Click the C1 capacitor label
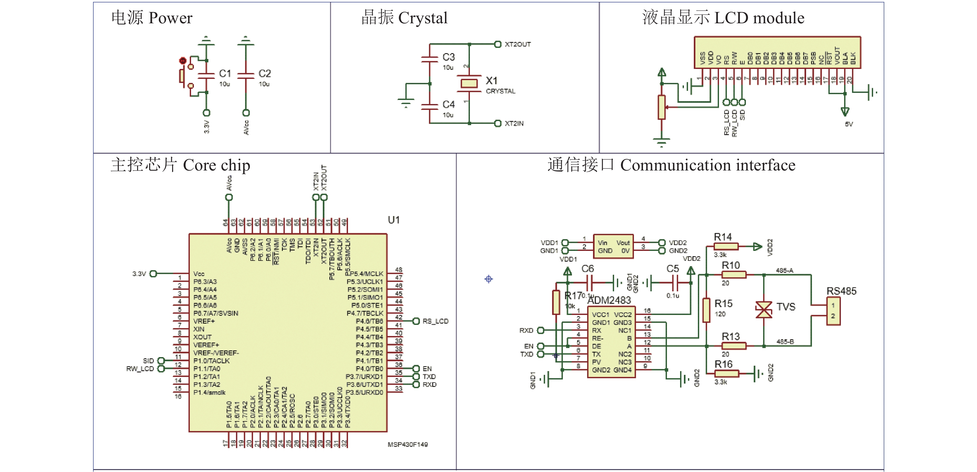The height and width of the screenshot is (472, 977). click(225, 73)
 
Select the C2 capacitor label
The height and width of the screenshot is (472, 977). click(265, 73)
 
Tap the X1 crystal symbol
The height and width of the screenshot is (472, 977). click(469, 83)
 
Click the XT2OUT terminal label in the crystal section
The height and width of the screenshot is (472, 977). click(518, 44)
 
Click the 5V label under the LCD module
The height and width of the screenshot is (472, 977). click(849, 124)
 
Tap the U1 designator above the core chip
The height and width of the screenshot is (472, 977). click(394, 220)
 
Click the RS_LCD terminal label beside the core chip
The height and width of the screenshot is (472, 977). click(435, 321)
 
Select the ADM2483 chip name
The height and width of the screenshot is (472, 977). click(609, 300)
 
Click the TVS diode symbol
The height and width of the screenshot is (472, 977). click(764, 310)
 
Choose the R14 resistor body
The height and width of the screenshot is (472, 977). click(726, 247)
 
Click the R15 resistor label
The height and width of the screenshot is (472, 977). click(723, 304)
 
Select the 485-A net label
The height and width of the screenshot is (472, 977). click(784, 270)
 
